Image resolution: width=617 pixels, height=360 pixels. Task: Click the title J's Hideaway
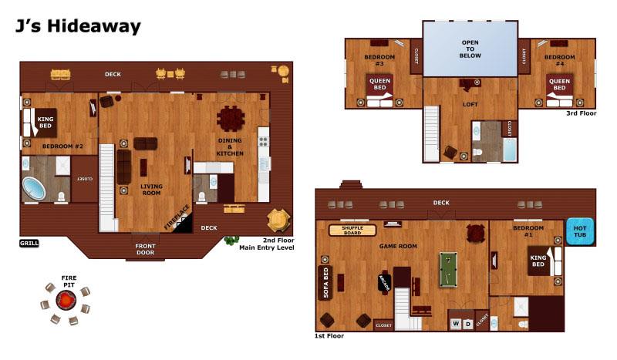[77, 27]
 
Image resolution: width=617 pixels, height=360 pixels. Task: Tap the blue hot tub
[580, 231]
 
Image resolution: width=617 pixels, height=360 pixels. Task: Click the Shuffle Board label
[352, 230]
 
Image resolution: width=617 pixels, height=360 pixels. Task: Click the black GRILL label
[29, 243]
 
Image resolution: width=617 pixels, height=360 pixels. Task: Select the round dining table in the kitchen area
[231, 119]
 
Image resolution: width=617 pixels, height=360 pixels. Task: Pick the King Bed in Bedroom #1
[539, 261]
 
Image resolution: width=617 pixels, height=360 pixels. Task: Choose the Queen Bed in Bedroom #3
[380, 85]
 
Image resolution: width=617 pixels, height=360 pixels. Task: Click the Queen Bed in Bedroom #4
[558, 85]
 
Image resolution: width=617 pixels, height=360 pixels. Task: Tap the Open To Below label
[470, 49]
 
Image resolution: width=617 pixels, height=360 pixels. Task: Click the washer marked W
[455, 324]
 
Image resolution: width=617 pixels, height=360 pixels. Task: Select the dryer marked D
[468, 324]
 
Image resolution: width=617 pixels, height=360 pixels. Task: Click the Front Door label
[145, 250]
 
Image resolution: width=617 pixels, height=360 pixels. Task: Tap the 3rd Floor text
[581, 113]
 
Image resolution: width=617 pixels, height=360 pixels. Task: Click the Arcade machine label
[383, 283]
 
